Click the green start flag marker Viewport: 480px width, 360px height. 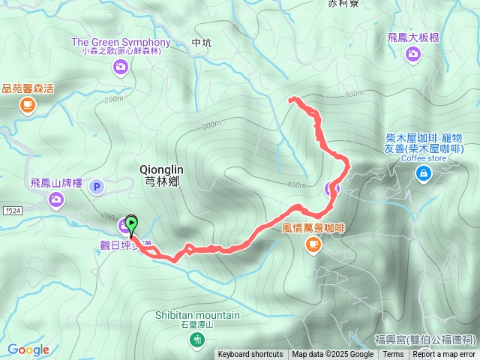coord(131,223)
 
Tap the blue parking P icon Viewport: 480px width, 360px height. coord(96,187)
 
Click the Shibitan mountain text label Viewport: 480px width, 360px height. coord(197,315)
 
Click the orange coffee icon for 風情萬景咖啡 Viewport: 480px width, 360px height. coord(313,244)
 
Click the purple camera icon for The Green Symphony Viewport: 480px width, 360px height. coord(121,67)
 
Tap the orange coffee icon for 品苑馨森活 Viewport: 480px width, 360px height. coord(28,106)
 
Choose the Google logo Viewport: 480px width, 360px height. coord(28,349)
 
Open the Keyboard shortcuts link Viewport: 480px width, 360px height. coord(250,355)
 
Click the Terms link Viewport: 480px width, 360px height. coord(393,355)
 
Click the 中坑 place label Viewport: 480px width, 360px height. coord(202,43)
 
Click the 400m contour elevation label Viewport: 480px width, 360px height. coord(296,185)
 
